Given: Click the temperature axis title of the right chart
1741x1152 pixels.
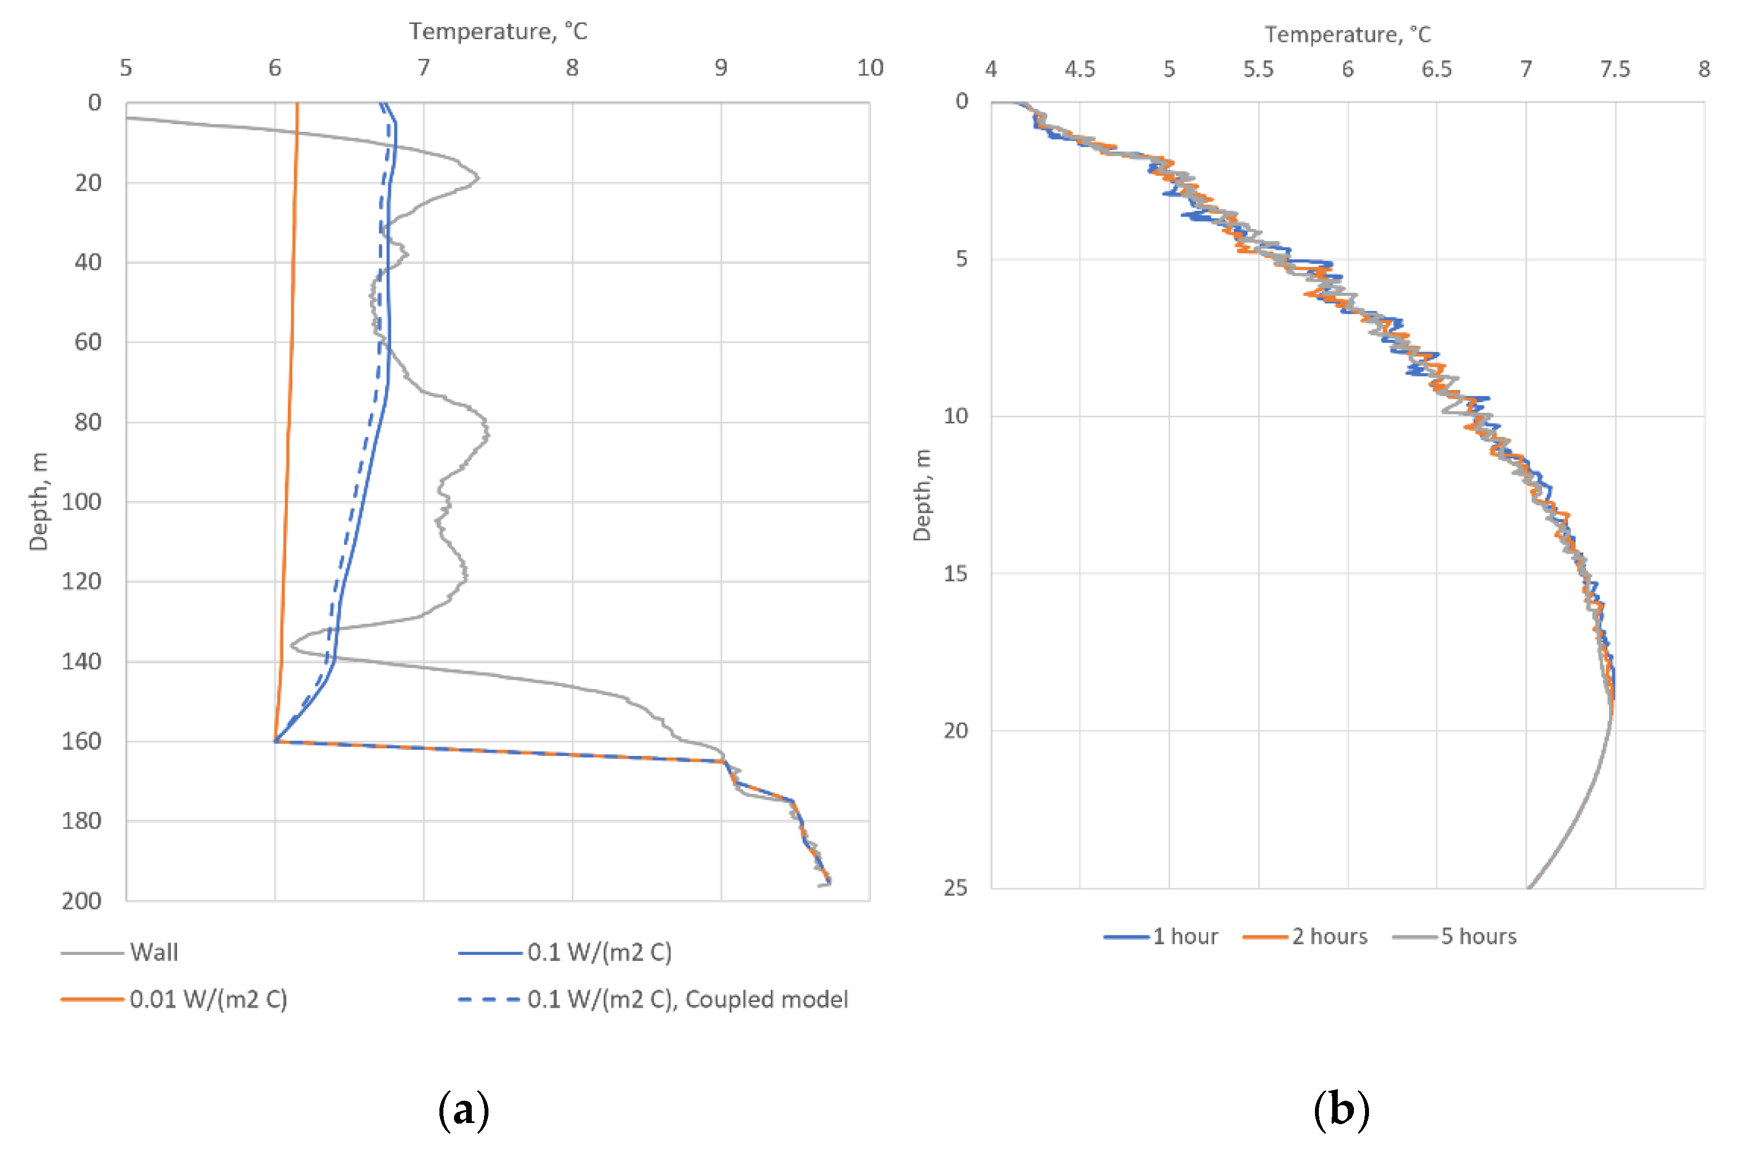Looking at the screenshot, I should point(1347,35).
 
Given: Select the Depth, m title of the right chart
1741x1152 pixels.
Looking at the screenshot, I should point(922,495).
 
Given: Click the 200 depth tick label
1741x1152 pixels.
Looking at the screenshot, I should point(81,900).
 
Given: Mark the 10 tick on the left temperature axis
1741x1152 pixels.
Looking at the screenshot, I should point(870,67).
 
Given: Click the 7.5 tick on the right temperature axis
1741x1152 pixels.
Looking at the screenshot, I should point(1615,69).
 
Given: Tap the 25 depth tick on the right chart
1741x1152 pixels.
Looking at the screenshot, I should point(956,887).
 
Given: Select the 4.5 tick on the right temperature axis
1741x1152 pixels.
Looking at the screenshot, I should point(1080,69).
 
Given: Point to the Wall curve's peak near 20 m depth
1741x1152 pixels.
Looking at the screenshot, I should point(478,177).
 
